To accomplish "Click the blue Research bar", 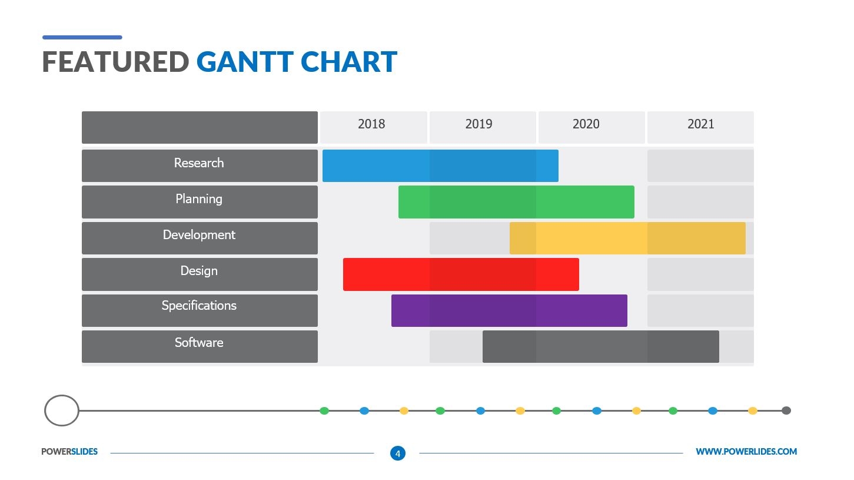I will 440,165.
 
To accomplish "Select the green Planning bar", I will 516,202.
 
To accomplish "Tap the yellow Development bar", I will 627,238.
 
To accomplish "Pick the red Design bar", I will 461,274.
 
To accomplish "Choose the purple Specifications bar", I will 509,310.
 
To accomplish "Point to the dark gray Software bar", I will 600,346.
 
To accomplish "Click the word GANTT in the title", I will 244,62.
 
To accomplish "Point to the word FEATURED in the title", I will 115,62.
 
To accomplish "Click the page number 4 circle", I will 398,453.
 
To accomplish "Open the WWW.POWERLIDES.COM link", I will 746,452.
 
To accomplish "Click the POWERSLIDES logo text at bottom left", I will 69,452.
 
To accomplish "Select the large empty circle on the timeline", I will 62,411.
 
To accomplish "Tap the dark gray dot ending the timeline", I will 786,411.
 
